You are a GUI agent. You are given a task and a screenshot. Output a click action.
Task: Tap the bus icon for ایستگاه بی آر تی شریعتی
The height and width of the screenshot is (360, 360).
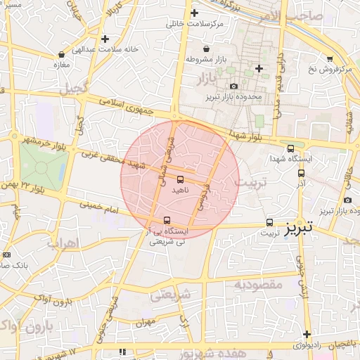(167, 219)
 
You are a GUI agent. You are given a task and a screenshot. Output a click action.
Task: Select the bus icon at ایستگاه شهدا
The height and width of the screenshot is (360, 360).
(291, 148)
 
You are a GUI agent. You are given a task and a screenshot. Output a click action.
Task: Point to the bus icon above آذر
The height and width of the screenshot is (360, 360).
(302, 172)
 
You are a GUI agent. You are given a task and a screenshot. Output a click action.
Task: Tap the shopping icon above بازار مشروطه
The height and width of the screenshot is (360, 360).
(205, 49)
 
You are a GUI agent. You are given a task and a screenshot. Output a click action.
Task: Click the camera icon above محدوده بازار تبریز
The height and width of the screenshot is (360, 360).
(234, 86)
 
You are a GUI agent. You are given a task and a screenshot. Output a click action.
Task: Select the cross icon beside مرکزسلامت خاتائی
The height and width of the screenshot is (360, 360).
(194, 13)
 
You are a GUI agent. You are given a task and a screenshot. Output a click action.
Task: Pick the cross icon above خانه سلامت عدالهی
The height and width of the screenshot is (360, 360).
(105, 39)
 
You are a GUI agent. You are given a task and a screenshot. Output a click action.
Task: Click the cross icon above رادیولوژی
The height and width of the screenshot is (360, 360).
(307, 334)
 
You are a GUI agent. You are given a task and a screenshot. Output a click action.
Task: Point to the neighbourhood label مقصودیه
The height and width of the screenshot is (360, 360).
(257, 285)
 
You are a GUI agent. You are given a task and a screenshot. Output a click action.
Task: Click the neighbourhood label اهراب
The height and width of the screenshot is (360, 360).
(63, 244)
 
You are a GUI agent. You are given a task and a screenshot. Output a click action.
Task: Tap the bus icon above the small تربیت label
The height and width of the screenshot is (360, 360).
(269, 222)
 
